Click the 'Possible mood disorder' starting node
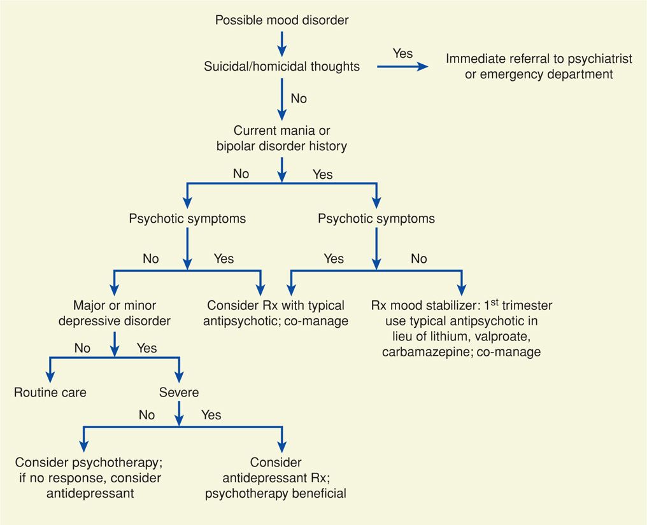coord(281,20)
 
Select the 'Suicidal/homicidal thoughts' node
coord(281,66)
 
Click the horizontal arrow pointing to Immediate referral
coord(402,66)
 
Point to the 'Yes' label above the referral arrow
coord(402,53)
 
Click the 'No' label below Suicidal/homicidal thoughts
coord(299,99)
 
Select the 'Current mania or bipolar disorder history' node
coord(281,139)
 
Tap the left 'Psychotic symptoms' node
coord(187,219)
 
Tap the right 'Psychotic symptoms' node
coord(376,219)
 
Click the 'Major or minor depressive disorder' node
coord(115,314)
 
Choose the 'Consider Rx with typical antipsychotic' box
coord(276,314)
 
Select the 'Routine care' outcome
coord(50,392)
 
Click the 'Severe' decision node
coord(179,392)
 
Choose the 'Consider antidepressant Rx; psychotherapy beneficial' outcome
coord(276,478)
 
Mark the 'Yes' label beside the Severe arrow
coord(211,416)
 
